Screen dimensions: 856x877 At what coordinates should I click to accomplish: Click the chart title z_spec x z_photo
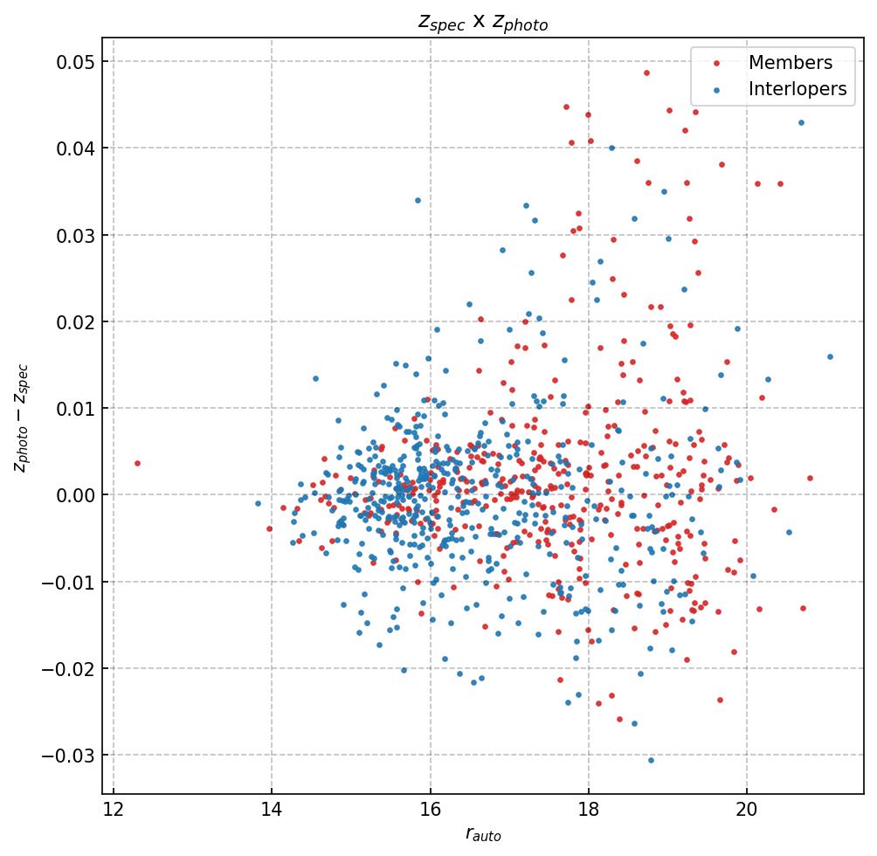pyautogui.click(x=482, y=23)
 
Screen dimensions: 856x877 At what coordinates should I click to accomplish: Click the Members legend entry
pyautogui.click(x=790, y=63)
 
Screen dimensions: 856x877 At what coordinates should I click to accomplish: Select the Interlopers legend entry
pyautogui.click(x=797, y=89)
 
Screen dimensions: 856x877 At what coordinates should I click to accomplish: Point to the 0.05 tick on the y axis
pyautogui.click(x=76, y=62)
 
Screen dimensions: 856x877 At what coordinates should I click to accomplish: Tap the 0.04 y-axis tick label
pyautogui.click(x=76, y=148)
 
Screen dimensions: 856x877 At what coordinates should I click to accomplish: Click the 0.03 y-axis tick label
pyautogui.click(x=76, y=235)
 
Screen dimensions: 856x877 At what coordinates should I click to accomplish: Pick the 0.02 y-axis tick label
pyautogui.click(x=76, y=322)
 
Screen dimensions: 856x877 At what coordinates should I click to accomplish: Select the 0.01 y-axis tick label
pyautogui.click(x=76, y=409)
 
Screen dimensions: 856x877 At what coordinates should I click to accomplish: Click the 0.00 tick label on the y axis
pyautogui.click(x=76, y=495)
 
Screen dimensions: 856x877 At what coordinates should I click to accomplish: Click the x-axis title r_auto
pyautogui.click(x=482, y=835)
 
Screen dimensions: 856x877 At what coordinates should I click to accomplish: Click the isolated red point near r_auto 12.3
pyautogui.click(x=137, y=463)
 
